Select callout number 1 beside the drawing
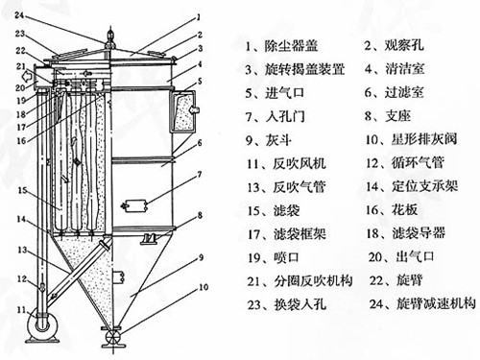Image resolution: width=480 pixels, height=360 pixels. pos(198,16)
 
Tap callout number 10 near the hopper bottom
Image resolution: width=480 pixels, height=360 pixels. pos(202,287)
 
